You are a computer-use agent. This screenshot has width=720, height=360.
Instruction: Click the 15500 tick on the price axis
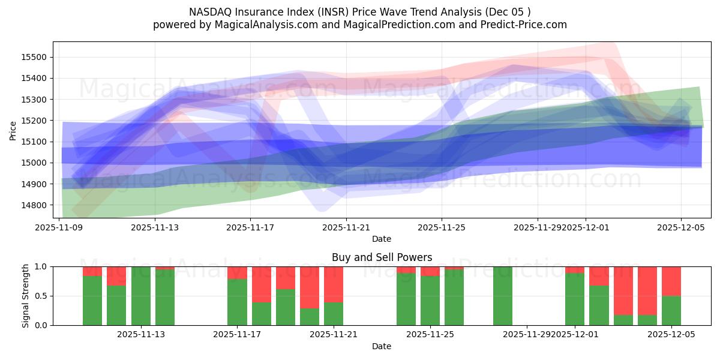click(x=34, y=58)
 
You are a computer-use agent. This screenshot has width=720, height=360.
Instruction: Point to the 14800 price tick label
click(x=34, y=205)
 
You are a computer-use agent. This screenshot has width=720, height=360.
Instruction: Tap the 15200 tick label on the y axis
click(x=34, y=121)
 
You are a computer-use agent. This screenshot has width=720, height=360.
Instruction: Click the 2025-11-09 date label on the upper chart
click(x=59, y=227)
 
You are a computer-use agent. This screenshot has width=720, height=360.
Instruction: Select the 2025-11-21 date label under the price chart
click(x=346, y=227)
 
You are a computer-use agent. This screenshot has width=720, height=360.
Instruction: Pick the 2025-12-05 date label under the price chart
click(x=681, y=227)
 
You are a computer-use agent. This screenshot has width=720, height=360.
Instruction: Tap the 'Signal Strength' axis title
click(x=25, y=296)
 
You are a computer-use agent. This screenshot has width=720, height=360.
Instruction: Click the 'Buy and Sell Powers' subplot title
click(x=382, y=257)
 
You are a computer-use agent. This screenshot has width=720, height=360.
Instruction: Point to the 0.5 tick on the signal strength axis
click(x=41, y=296)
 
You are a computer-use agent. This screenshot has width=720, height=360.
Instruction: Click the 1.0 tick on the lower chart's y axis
click(x=41, y=266)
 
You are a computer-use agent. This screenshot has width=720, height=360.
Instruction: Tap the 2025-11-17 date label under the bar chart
click(x=238, y=335)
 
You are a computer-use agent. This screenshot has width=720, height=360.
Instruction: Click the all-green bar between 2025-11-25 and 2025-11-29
click(x=503, y=296)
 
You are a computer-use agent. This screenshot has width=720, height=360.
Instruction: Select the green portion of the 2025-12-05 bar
click(x=671, y=310)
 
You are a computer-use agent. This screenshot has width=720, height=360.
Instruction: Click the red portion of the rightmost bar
click(x=671, y=281)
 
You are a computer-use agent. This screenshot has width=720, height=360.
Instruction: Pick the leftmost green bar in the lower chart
click(x=92, y=300)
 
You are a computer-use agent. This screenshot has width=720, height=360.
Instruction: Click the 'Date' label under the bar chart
click(x=382, y=346)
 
